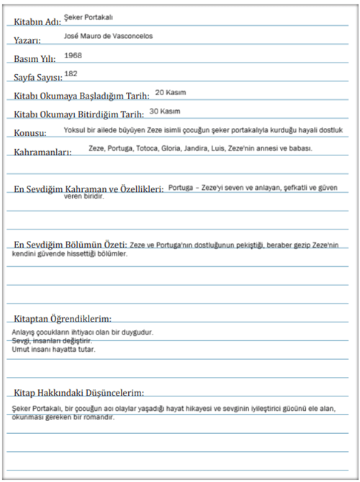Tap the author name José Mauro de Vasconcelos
108,35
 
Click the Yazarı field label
28,40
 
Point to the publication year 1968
73,54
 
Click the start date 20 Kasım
171,93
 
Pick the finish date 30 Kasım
165,112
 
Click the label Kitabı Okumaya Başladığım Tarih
81,96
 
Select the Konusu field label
30,133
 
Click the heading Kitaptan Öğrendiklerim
63,318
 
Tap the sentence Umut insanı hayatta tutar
53,349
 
